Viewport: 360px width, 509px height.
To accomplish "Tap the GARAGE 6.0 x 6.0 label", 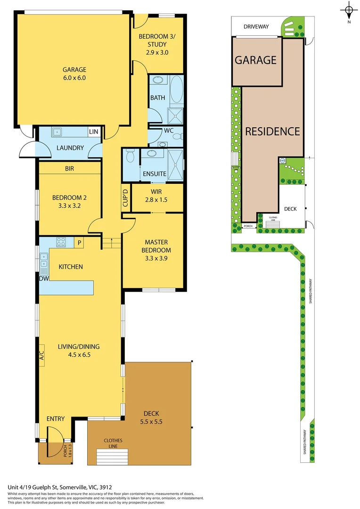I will pyautogui.click(x=74, y=74).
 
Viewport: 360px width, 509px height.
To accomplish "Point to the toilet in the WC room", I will pyautogui.click(x=177, y=137).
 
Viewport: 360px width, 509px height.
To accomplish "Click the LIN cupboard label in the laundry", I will pyautogui.click(x=93, y=132).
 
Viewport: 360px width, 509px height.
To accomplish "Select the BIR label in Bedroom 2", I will pyautogui.click(x=70, y=168).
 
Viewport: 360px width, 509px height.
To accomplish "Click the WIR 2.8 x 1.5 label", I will pyautogui.click(x=156, y=196).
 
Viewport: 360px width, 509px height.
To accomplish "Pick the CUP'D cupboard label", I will pyautogui.click(x=125, y=198).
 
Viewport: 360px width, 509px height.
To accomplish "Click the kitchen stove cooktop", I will pyautogui.click(x=62, y=243).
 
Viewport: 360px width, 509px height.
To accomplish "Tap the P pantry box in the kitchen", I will pyautogui.click(x=80, y=243).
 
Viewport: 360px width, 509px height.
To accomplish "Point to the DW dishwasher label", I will pyautogui.click(x=43, y=279).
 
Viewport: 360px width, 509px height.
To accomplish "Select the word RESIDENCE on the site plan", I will pyautogui.click(x=272, y=131).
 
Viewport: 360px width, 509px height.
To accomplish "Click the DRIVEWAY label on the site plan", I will pyautogui.click(x=256, y=26).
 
